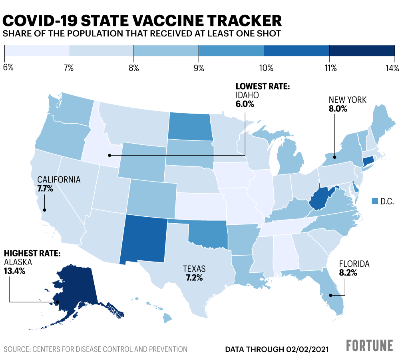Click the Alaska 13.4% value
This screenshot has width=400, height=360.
(x=15, y=271)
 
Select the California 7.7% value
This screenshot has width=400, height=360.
(x=45, y=188)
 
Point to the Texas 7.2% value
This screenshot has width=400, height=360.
(x=195, y=277)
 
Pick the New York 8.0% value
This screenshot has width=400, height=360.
(x=338, y=108)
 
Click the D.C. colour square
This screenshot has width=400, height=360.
(x=374, y=201)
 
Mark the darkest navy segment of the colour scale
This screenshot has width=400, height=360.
(x=362, y=51)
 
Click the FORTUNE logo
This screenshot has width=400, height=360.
(x=369, y=346)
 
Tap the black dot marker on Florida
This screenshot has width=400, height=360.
(x=330, y=296)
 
